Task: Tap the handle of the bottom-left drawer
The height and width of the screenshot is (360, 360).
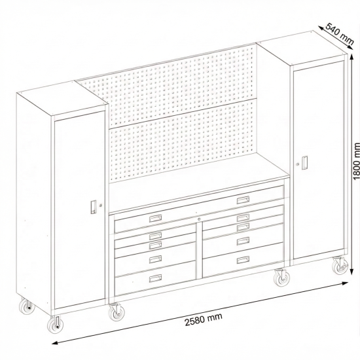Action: [155, 279]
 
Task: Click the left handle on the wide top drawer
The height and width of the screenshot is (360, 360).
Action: [156, 218]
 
